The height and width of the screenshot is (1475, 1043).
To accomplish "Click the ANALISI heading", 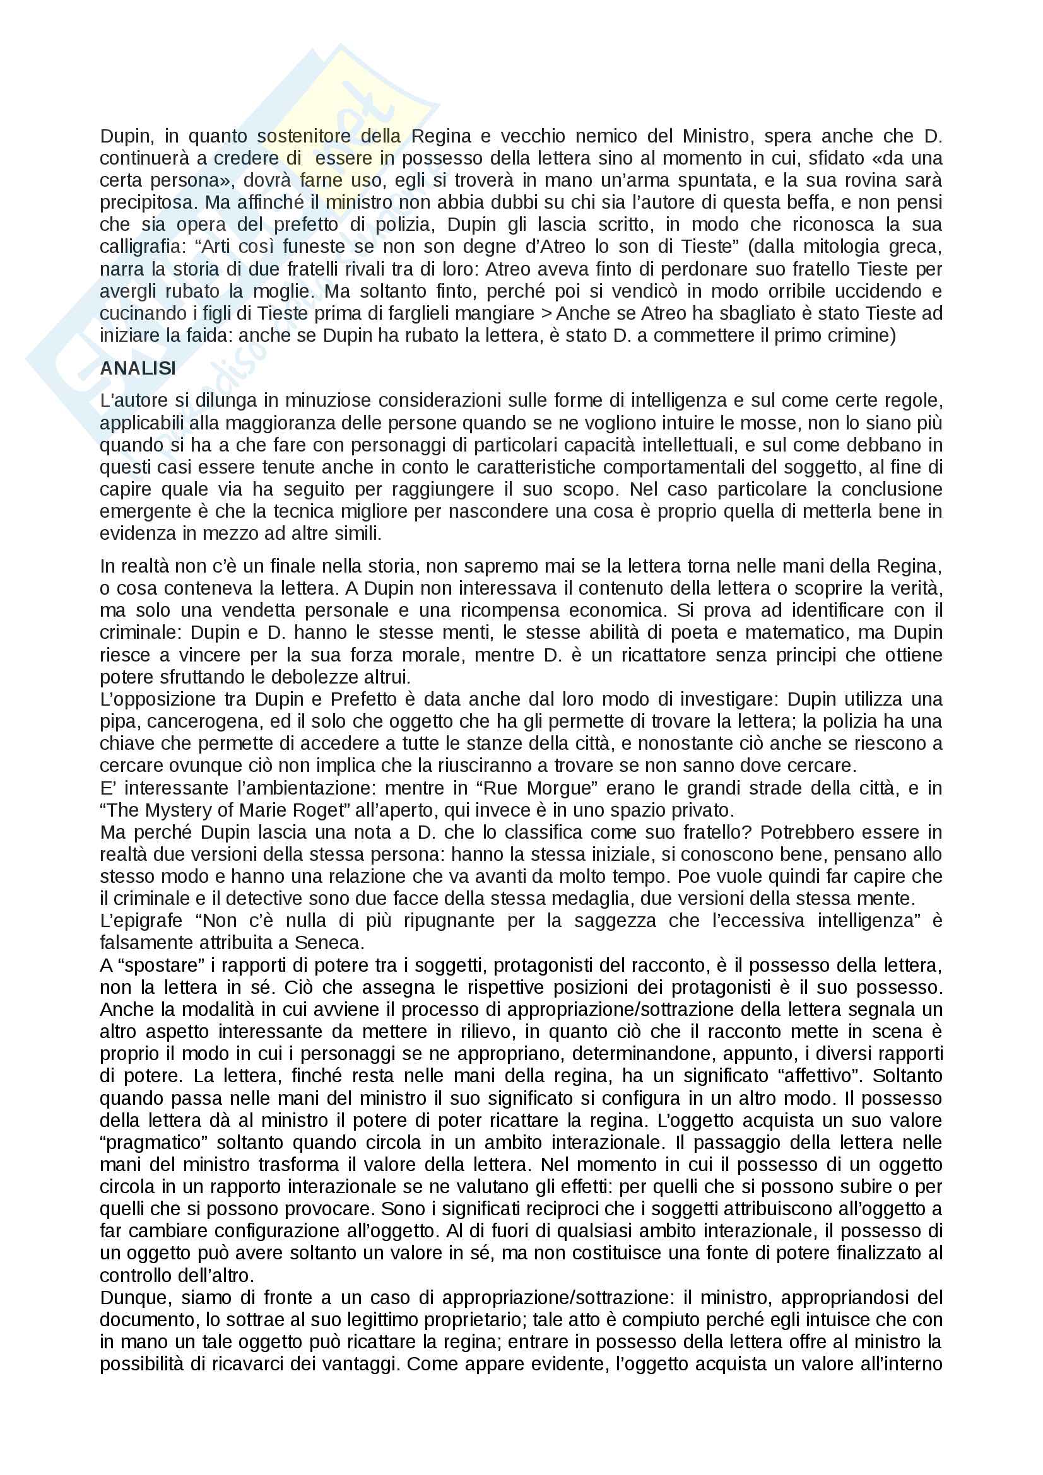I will (138, 368).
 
